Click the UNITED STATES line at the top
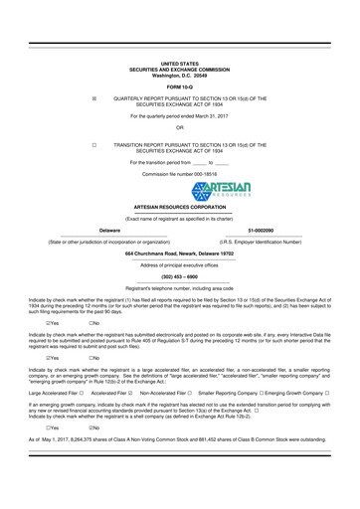pyautogui.click(x=179, y=62)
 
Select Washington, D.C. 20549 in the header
pyautogui.click(x=179, y=76)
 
